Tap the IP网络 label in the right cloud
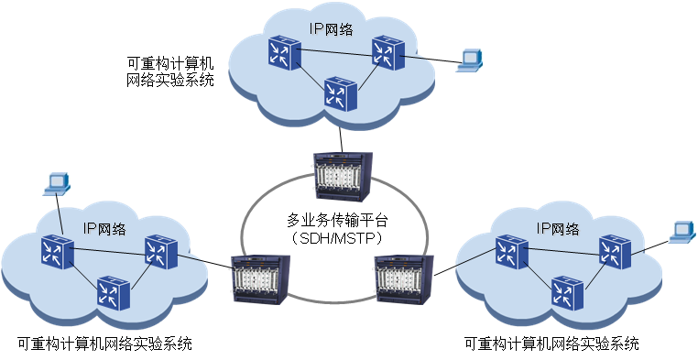(558, 228)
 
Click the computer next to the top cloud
(470, 60)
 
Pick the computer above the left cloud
(57, 182)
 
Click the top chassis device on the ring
(344, 176)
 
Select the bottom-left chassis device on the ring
(261, 279)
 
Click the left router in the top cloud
(278, 51)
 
